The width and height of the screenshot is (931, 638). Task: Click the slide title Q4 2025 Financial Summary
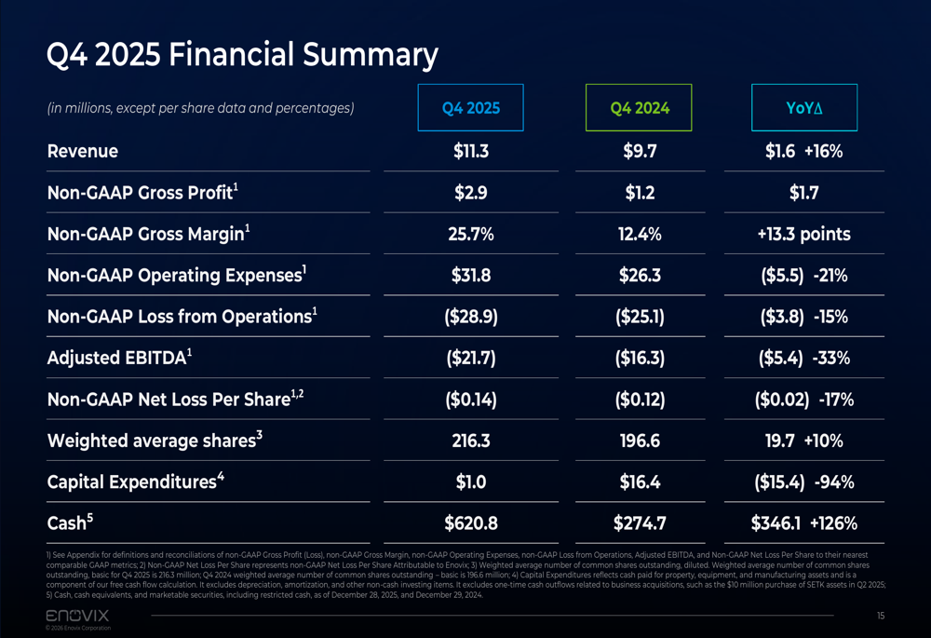[x=242, y=56]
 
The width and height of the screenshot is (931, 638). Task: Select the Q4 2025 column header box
[x=471, y=108]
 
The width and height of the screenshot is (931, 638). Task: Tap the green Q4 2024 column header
[x=639, y=108]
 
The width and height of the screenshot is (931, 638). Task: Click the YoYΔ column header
[x=803, y=108]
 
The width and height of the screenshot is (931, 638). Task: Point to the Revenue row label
[x=83, y=151]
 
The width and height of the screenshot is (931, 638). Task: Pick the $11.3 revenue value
[x=471, y=151]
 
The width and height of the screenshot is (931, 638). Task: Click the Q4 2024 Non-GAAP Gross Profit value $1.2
[x=640, y=193]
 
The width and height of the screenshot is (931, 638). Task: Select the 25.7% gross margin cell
[x=471, y=235]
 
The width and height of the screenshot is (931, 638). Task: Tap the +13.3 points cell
[x=803, y=235]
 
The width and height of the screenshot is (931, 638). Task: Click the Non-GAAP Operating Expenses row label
[x=176, y=276]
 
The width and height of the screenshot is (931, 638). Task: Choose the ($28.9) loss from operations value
[x=471, y=317]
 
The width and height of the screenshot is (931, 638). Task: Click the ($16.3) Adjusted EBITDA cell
[x=640, y=358]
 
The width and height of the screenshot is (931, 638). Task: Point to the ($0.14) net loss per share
[x=471, y=400]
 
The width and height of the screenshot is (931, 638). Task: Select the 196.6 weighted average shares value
[x=640, y=441]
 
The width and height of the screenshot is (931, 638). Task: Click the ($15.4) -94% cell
[x=803, y=482]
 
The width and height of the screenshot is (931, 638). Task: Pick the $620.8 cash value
[x=471, y=523]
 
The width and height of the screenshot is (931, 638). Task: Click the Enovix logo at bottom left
[x=77, y=616]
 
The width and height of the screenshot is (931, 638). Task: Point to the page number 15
[x=880, y=616]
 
